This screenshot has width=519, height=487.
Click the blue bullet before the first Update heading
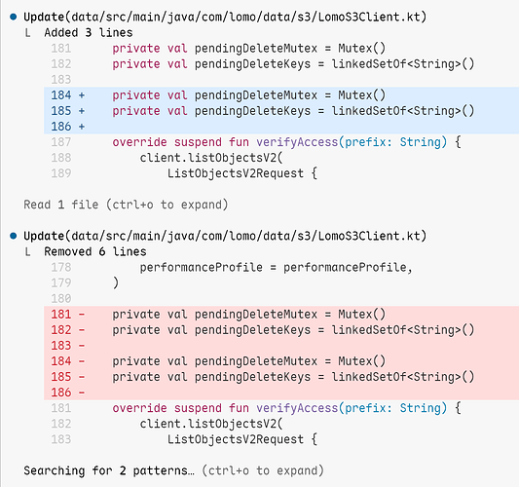tap(14, 17)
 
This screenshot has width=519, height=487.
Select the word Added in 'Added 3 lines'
tap(61, 33)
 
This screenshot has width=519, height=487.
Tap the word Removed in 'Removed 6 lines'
tap(68, 251)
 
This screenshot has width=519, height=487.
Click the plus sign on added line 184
tap(82, 95)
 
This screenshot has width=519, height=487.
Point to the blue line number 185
tap(61, 111)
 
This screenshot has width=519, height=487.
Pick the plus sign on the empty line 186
tap(82, 127)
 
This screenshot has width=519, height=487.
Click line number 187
tap(61, 142)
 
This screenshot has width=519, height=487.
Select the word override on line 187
tap(139, 142)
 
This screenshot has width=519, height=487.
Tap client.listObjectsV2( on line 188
tap(211, 158)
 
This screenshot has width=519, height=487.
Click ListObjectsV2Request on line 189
tap(236, 173)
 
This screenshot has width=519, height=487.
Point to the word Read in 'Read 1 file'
tap(37, 205)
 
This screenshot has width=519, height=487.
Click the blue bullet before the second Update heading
tap(14, 236)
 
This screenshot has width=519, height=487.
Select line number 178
tap(61, 267)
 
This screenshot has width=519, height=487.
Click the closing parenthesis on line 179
tap(116, 283)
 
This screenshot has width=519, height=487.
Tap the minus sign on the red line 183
tap(82, 346)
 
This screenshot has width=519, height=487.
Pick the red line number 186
tap(61, 393)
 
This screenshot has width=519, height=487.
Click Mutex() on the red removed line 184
tap(362, 361)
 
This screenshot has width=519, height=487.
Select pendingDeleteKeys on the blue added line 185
tap(252, 111)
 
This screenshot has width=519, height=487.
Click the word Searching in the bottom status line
tap(55, 470)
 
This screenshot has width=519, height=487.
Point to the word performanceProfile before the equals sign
tap(201, 267)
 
